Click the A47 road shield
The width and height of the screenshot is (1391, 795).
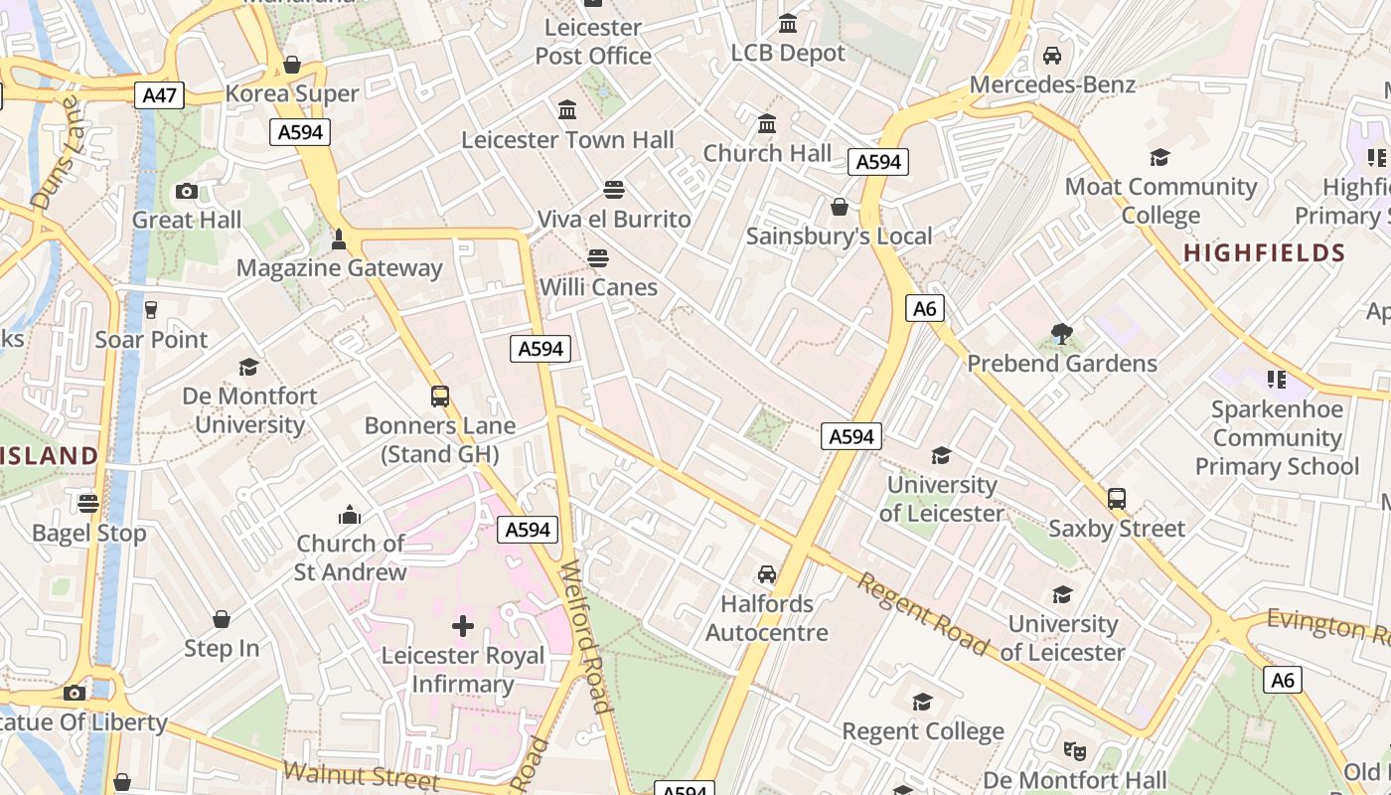pos(160,95)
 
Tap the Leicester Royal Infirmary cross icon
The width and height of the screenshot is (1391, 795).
pos(463,626)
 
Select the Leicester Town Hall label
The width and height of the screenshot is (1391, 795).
pos(567,140)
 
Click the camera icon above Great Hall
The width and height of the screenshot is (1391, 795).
pos(186,191)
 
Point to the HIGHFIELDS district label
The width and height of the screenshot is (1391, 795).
pos(1264,253)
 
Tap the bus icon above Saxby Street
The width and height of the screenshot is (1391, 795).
pos(1117,499)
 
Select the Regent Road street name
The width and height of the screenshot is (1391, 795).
pos(924,614)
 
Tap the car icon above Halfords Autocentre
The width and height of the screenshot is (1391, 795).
pos(767,573)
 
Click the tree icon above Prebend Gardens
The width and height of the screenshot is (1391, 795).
pos(1061,334)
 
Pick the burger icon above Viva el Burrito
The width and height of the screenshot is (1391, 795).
pos(614,189)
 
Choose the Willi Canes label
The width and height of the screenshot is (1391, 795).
pos(598,287)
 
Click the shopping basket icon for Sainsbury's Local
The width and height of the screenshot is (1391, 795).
pos(840,207)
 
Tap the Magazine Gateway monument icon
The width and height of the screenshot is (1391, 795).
pos(339,238)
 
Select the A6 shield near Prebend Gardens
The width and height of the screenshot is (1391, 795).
pos(924,308)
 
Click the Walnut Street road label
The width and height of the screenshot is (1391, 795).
pos(361,776)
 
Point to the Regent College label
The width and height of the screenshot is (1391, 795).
pos(923,731)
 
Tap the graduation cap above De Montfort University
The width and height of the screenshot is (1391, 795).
pos(249,367)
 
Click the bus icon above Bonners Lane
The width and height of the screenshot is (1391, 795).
pos(440,397)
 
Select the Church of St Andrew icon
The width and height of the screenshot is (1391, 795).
pos(350,514)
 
